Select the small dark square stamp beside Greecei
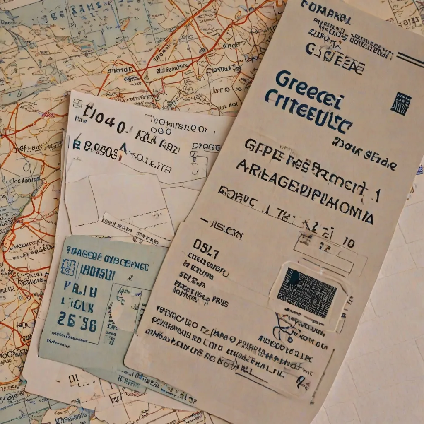tap(401, 103)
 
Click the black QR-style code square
tap(307, 292)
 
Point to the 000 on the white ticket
tap(161, 131)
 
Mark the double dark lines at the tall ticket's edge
tap(408, 58)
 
